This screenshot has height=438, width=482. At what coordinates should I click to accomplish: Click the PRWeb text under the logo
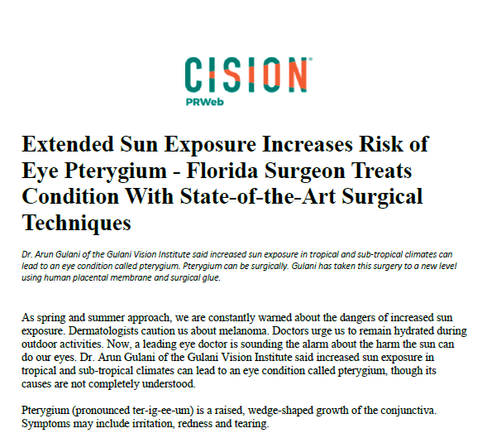point(205,102)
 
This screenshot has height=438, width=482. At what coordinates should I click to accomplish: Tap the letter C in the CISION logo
point(193,75)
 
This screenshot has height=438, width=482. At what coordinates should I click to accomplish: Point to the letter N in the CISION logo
point(297,75)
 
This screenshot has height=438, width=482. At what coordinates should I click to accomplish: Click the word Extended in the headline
point(68,144)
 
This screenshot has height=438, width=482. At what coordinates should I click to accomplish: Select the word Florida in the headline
point(222,171)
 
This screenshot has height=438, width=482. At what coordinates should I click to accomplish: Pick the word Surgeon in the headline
point(304,171)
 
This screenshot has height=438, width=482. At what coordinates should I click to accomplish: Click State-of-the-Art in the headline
point(258,197)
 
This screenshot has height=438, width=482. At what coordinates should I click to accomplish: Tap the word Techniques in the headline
point(77,224)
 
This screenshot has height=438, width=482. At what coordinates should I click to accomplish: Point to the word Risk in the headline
point(380,144)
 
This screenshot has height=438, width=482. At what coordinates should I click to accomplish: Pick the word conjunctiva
point(408,411)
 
